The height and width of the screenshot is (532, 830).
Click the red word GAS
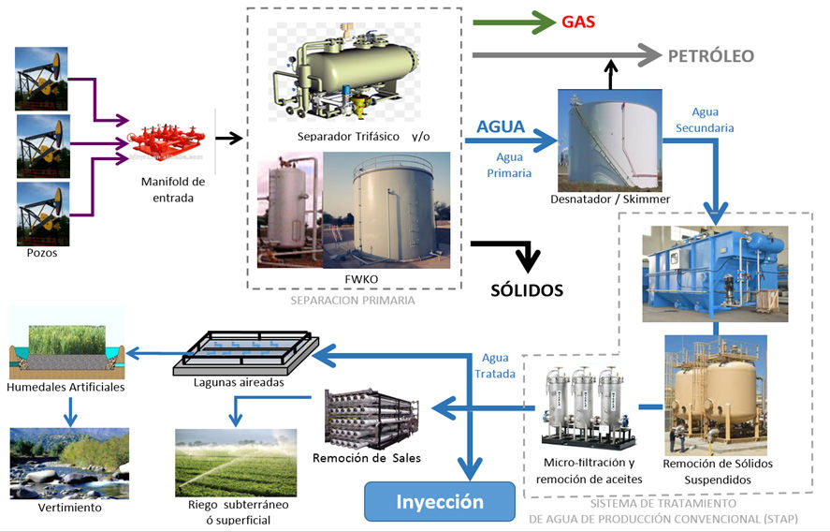coord(578,21)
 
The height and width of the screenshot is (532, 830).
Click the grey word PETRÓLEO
coord(710,55)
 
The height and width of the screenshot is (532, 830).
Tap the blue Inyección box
coord(440,501)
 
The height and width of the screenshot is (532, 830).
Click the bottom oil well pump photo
coord(41,214)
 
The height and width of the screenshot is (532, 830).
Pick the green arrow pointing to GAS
coord(514,22)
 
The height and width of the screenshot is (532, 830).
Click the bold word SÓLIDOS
coord(527,290)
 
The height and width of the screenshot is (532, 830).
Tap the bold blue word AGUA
coord(501,126)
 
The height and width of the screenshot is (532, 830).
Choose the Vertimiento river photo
coord(69,463)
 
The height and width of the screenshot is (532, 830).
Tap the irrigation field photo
coord(236,462)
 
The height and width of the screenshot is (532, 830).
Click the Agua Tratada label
coord(496,364)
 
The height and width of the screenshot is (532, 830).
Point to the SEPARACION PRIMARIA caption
coord(353,301)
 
